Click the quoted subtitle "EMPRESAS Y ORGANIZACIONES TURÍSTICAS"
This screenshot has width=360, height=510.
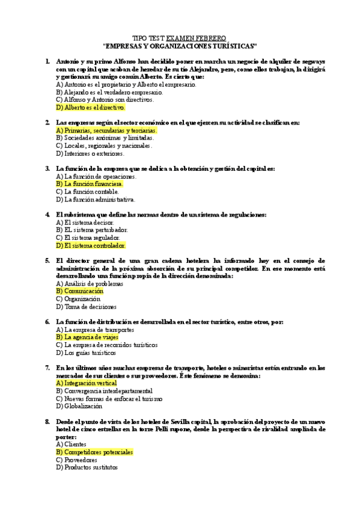[x=180, y=45]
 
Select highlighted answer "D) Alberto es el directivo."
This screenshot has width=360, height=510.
[x=90, y=108]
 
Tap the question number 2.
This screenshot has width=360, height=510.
[x=47, y=123]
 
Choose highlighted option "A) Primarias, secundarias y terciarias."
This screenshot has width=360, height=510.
[x=106, y=130]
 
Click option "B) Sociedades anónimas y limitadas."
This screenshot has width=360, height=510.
[x=100, y=138]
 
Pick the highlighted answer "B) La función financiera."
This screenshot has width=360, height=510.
[x=89, y=184]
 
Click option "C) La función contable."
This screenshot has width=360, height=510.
[x=85, y=192]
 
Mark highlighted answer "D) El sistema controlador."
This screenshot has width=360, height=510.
[x=91, y=245]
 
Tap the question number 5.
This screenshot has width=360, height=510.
[x=47, y=260]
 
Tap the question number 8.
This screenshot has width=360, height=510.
[x=47, y=422]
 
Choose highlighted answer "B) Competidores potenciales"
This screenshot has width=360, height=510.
[x=94, y=452]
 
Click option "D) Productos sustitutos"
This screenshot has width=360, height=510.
[x=87, y=467]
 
